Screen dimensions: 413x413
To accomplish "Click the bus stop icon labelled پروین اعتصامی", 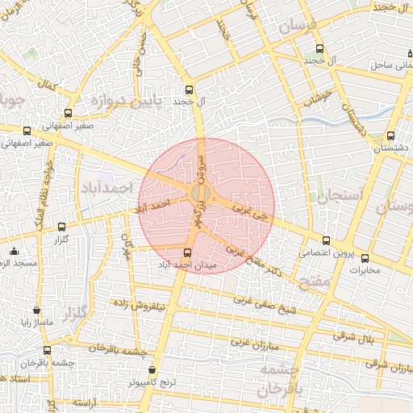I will pyautogui.click(x=326, y=240).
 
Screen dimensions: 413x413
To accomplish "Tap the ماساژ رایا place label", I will pyautogui.click(x=36, y=322).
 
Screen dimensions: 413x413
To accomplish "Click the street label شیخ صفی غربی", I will pyautogui.click(x=265, y=305).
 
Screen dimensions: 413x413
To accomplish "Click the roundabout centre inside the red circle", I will pyautogui.click(x=202, y=193).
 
